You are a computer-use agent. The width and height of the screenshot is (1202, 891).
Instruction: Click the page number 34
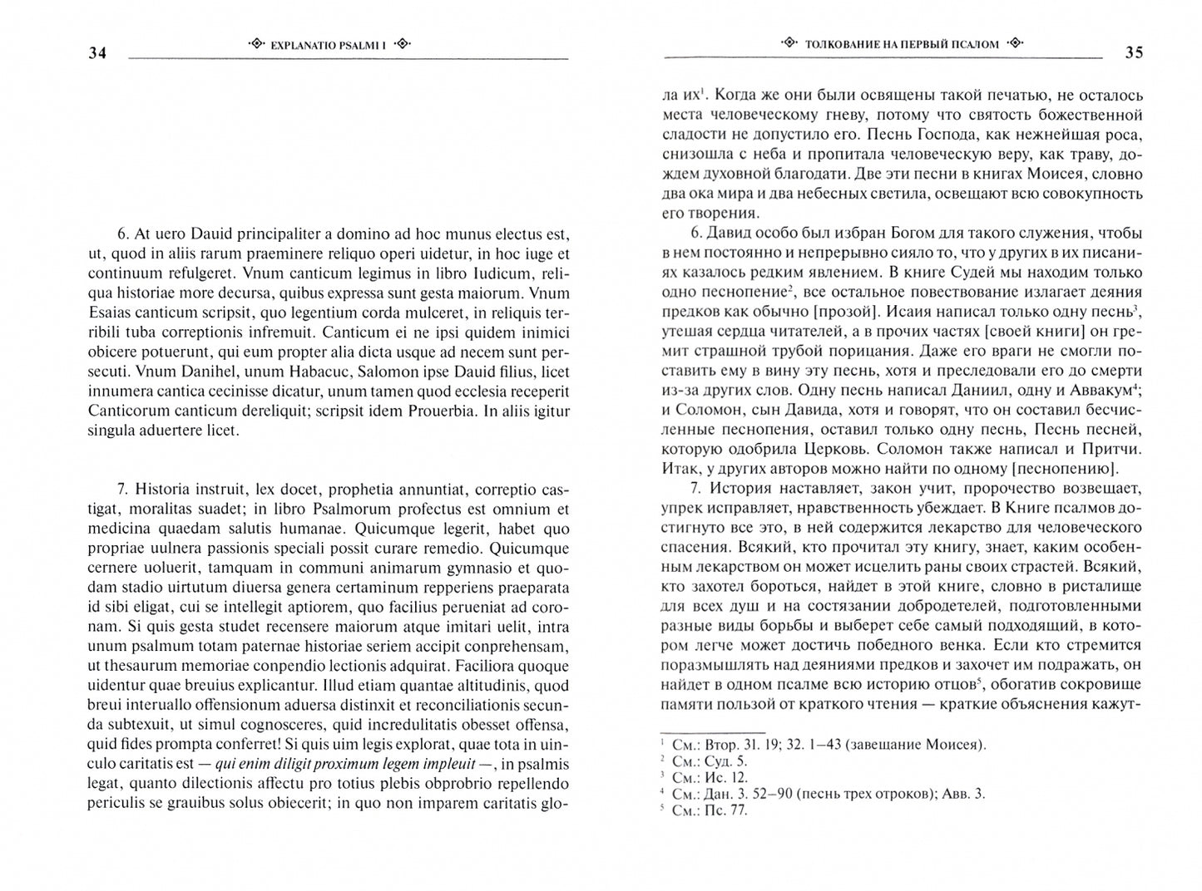pos(97,54)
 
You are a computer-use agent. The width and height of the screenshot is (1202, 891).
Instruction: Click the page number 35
pos(1134,53)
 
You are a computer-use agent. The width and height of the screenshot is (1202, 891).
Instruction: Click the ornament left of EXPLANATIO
pos(257,44)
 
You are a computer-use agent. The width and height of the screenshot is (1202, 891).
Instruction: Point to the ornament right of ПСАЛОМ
pos(1014,44)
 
